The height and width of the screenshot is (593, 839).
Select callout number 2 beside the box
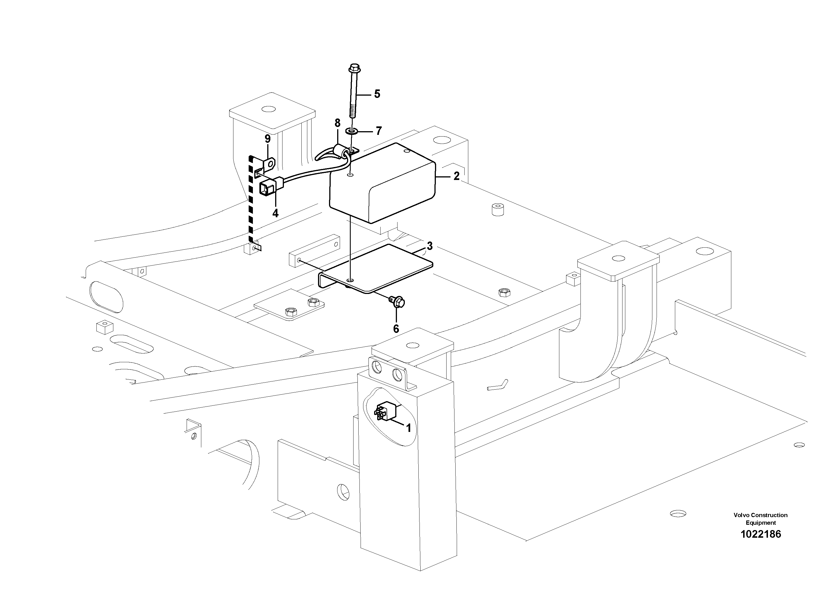click(x=456, y=176)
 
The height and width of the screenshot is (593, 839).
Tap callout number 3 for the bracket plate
click(x=430, y=246)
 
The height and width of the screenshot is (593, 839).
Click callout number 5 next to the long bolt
click(x=377, y=94)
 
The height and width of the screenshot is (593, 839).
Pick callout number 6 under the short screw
click(x=396, y=329)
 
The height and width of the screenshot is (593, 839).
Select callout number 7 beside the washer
click(x=379, y=131)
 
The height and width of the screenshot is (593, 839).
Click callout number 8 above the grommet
click(x=337, y=123)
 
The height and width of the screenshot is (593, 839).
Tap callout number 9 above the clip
click(x=268, y=139)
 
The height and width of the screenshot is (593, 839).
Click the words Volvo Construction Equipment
click(x=760, y=519)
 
